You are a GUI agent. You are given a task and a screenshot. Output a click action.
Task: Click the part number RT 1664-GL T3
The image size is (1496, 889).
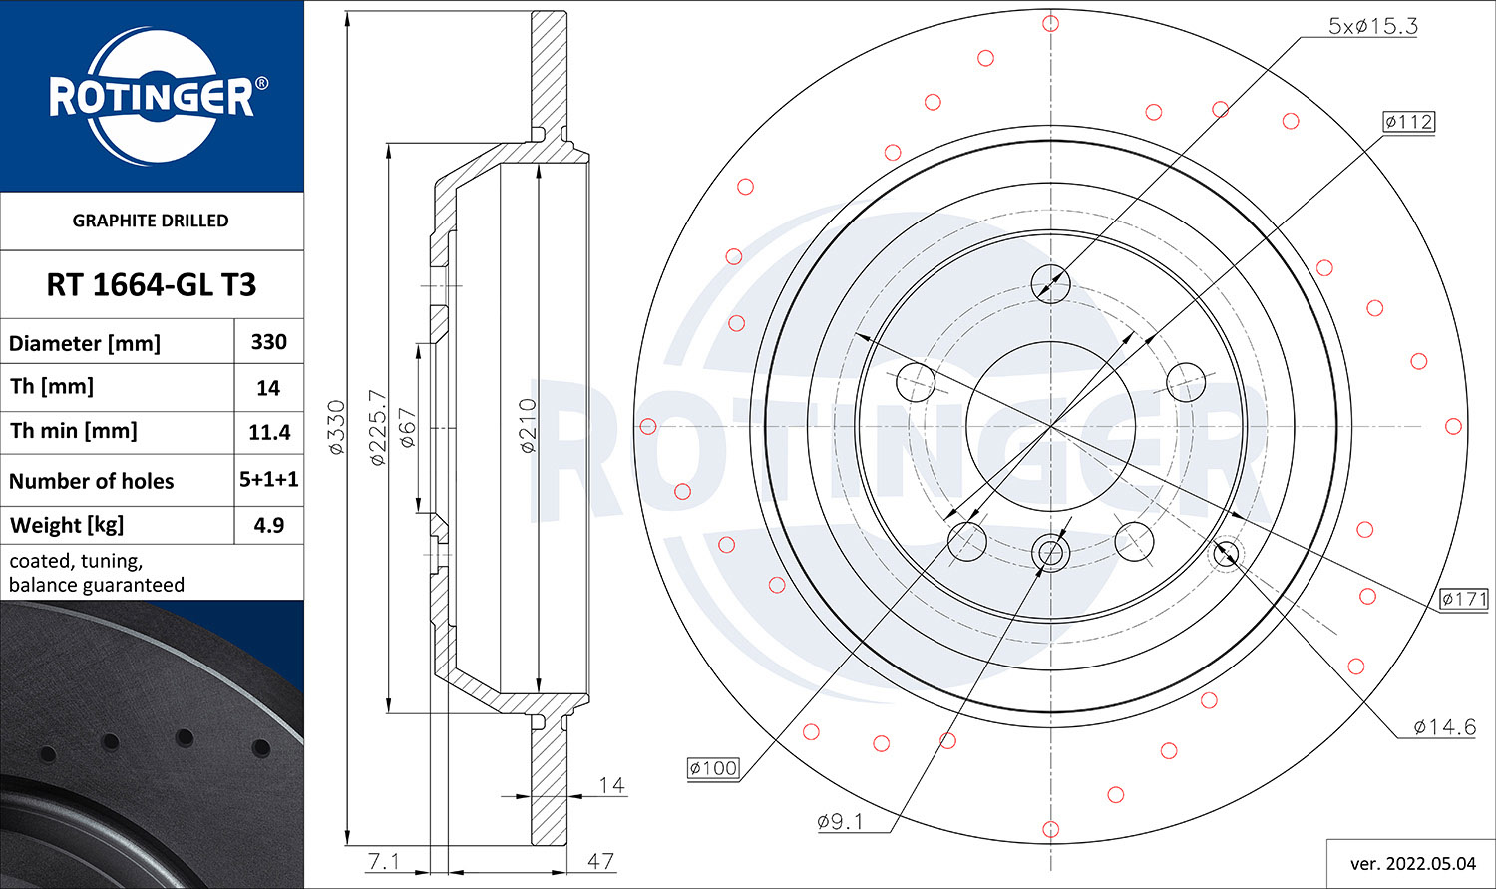point(151,285)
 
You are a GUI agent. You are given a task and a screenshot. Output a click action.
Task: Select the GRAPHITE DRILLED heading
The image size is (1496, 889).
point(151,221)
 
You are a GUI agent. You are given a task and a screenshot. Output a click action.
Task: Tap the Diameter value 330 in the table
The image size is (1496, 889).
point(269,342)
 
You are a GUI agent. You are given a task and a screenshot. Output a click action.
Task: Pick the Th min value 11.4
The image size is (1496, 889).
point(269,433)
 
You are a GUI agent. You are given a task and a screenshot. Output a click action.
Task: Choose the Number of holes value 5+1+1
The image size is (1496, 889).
point(269,479)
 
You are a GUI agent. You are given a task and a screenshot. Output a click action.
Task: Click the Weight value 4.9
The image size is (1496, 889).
point(269,525)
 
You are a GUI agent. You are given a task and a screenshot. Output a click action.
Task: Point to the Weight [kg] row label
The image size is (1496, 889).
point(67,526)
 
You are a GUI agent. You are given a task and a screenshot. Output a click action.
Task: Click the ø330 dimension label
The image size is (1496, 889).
point(337,427)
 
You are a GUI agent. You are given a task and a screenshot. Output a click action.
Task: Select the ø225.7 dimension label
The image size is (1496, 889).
point(377,427)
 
